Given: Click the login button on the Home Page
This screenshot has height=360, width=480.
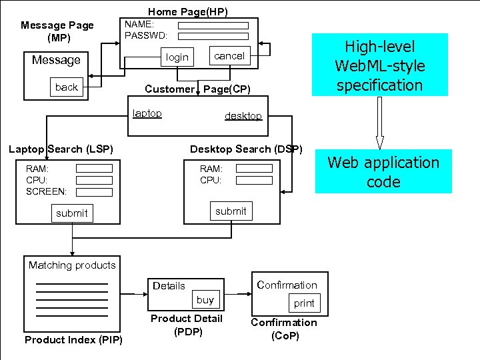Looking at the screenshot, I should [x=177, y=57].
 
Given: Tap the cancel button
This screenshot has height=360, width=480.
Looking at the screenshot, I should [x=229, y=56].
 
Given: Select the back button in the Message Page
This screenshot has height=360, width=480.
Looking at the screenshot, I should [x=67, y=87].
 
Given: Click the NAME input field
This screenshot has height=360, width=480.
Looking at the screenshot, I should [x=213, y=26].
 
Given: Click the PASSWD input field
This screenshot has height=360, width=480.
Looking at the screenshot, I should [x=213, y=36].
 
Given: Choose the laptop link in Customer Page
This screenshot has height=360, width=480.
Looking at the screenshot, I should [x=147, y=113].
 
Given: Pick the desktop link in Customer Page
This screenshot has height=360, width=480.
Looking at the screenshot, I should [x=243, y=116].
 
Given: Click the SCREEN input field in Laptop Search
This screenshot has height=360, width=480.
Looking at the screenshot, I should [x=94, y=191].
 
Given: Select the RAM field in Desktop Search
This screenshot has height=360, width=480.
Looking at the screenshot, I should [x=254, y=169].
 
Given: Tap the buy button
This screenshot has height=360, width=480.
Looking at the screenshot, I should [x=205, y=300].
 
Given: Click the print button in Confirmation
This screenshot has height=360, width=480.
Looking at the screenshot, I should [x=304, y=303].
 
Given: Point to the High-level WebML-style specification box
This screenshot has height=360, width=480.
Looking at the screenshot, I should [x=379, y=65].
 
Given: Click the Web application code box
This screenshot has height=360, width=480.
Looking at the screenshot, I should [x=383, y=172].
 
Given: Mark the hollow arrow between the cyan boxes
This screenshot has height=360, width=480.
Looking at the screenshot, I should [x=379, y=123].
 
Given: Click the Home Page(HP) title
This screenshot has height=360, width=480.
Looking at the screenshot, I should [x=187, y=11].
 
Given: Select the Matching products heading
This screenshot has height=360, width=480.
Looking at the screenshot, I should [x=72, y=265].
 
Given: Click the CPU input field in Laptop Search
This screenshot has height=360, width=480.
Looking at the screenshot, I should [x=94, y=180].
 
